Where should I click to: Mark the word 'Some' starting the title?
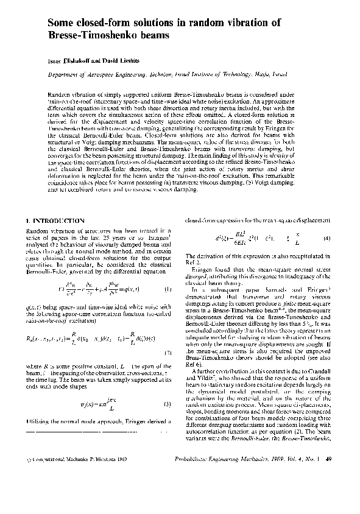pos(61,23)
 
